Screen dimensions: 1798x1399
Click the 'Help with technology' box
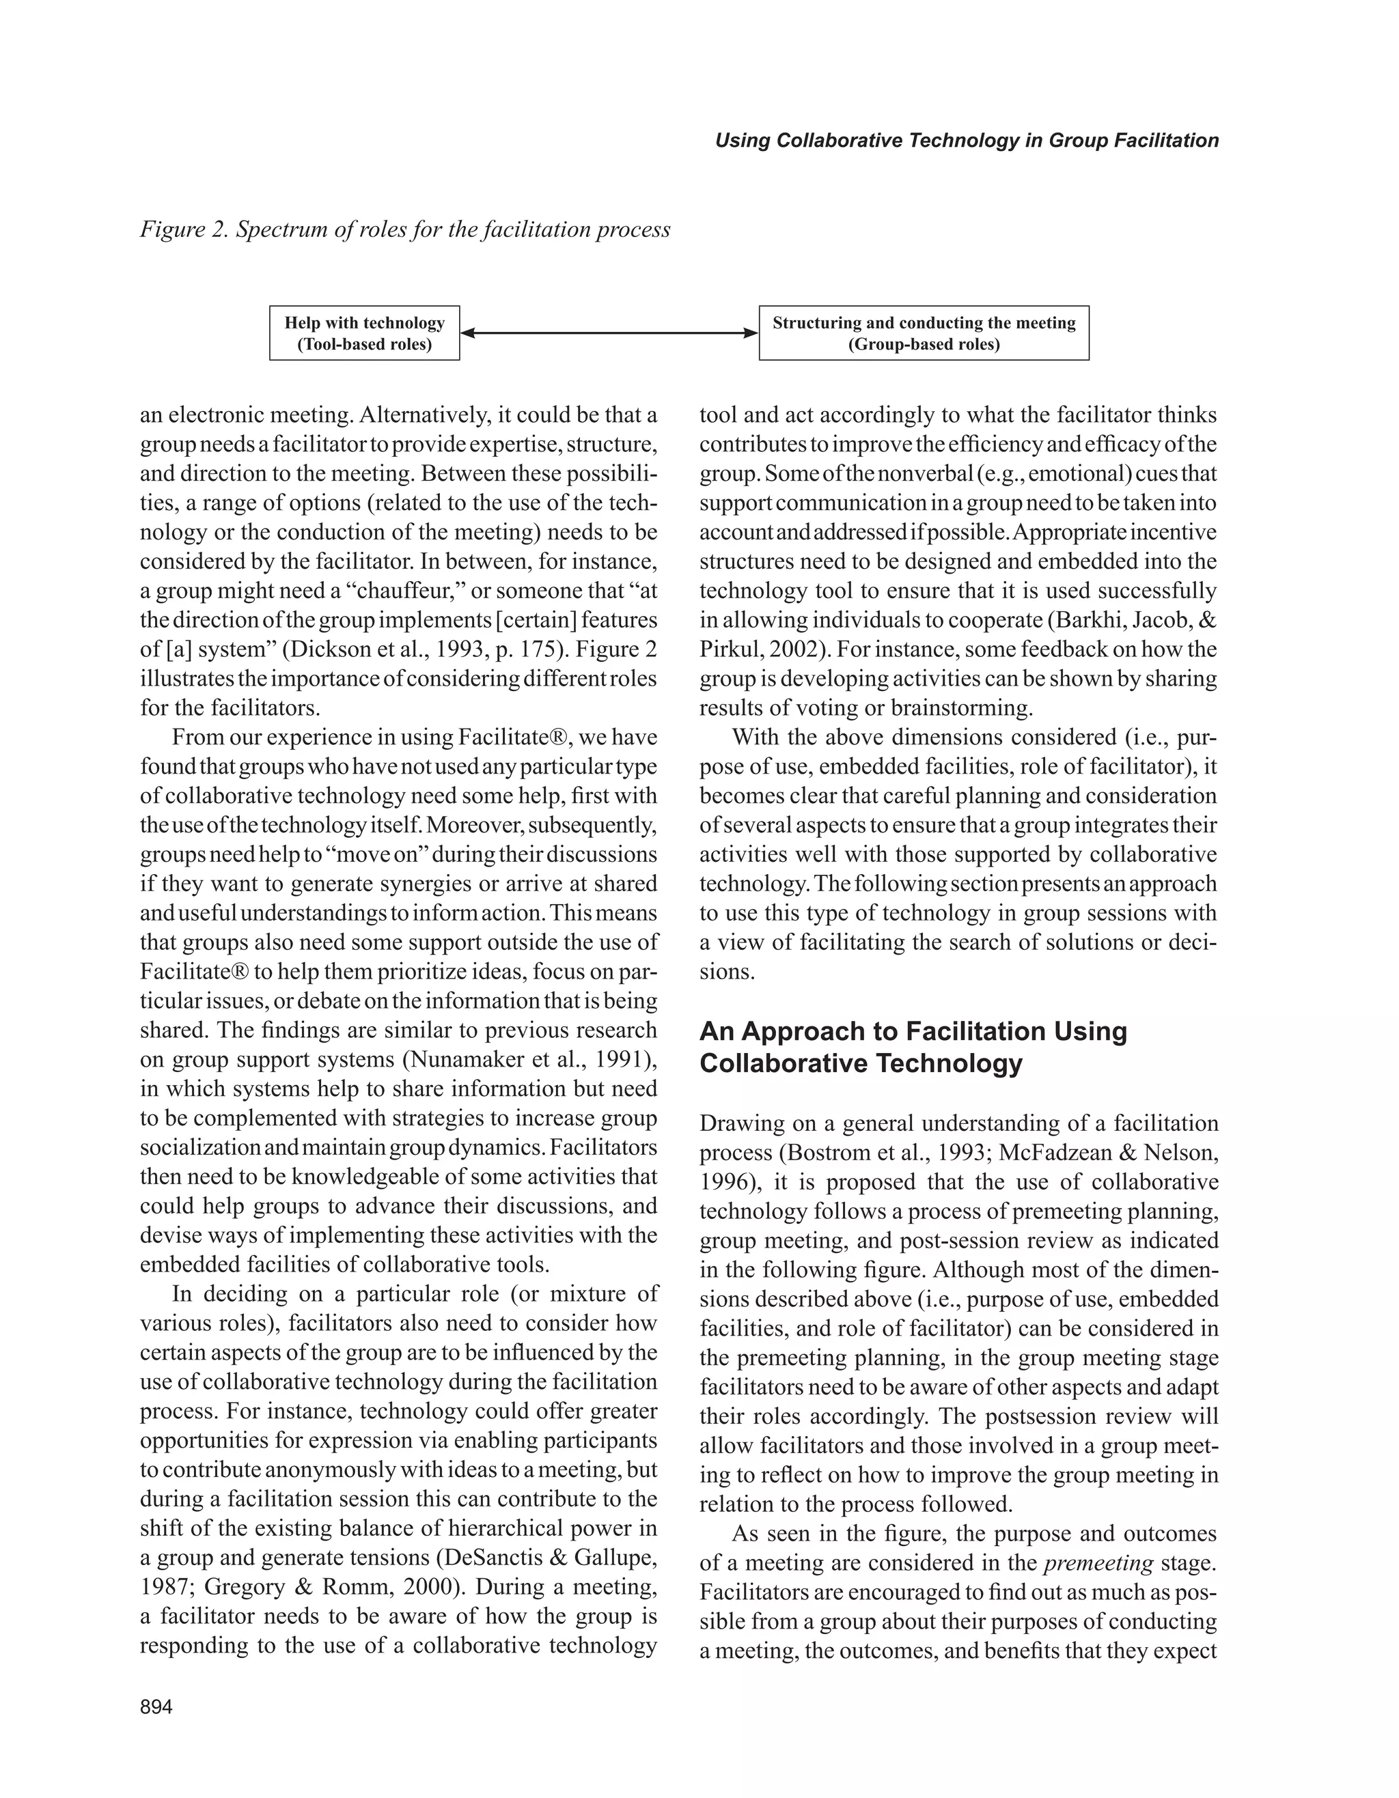point(364,333)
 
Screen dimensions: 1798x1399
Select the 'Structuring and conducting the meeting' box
point(923,333)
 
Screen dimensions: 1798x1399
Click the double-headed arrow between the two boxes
point(609,333)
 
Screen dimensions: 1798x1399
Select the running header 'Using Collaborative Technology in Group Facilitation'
point(966,140)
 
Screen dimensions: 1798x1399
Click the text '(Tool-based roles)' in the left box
point(364,344)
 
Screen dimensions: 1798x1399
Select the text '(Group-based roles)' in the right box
point(923,344)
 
